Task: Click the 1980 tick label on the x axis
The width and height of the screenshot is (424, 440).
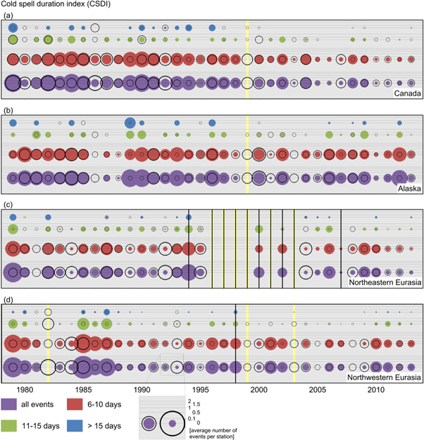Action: click(24, 390)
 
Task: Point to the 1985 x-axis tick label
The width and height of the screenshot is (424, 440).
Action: click(83, 390)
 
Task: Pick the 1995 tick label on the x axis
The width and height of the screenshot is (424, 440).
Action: click(201, 390)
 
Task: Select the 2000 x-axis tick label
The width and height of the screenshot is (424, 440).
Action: click(259, 390)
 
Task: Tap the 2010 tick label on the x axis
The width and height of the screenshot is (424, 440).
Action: click(376, 390)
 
